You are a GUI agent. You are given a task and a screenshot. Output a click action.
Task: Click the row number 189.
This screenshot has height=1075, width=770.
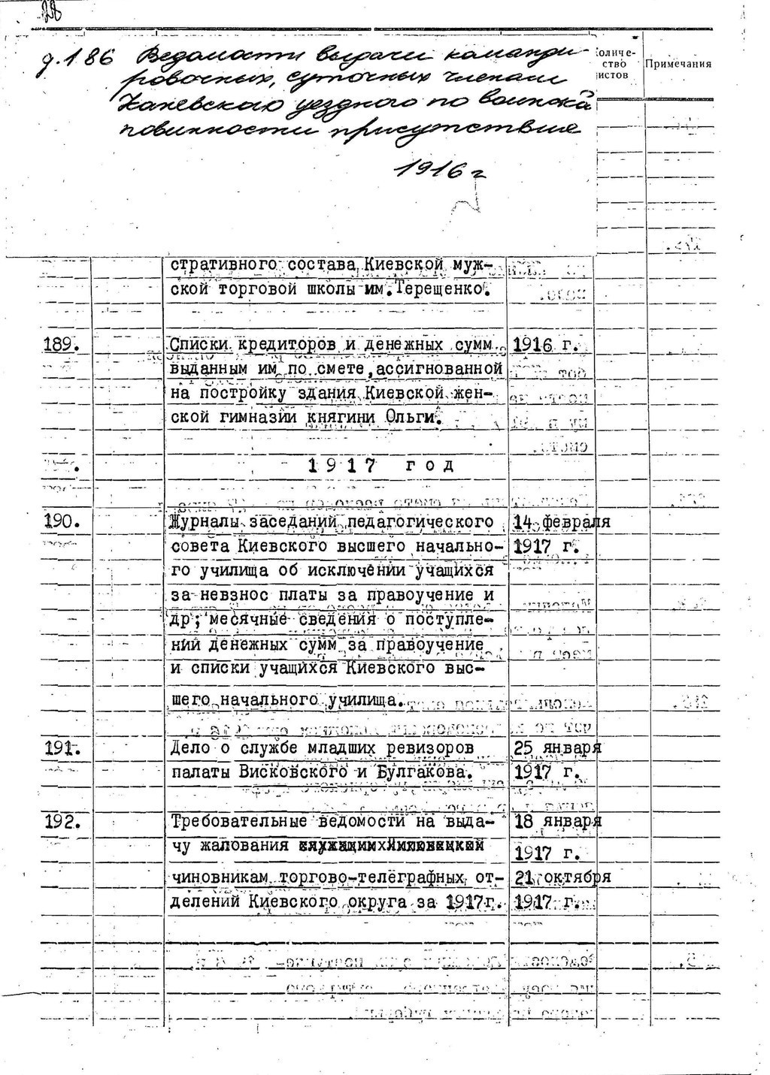click(61, 344)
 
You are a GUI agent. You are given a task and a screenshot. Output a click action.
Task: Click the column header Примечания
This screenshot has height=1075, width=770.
click(678, 64)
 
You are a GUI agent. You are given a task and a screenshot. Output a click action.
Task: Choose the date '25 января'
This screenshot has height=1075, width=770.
click(557, 748)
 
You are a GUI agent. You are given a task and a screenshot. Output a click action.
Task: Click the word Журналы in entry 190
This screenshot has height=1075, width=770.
click(202, 521)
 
